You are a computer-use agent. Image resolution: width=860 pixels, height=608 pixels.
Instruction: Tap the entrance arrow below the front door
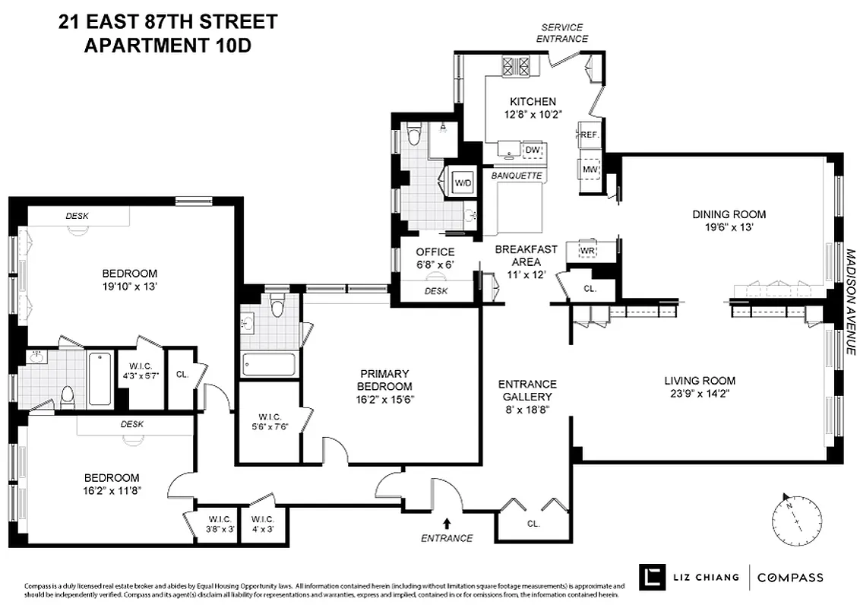pyautogui.click(x=446, y=523)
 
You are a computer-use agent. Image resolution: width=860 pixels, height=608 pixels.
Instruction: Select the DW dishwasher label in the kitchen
pyautogui.click(x=533, y=150)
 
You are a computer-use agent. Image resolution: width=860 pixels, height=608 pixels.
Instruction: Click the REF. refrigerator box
pyautogui.click(x=590, y=135)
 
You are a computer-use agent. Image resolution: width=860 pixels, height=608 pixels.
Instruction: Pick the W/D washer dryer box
pyautogui.click(x=463, y=183)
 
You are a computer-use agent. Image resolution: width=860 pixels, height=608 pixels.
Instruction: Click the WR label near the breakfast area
pyautogui.click(x=587, y=250)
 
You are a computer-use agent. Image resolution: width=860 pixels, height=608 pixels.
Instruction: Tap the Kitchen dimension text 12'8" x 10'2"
pyautogui.click(x=533, y=116)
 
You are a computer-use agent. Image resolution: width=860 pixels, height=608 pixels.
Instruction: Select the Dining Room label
pyautogui.click(x=729, y=214)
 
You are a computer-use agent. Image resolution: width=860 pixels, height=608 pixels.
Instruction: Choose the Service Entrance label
pyautogui.click(x=562, y=33)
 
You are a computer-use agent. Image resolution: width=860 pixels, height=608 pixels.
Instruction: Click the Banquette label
pyautogui.click(x=517, y=176)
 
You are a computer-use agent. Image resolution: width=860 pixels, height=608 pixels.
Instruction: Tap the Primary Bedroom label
pyautogui.click(x=384, y=379)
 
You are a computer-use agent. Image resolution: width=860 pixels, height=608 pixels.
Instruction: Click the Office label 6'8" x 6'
pyautogui.click(x=435, y=258)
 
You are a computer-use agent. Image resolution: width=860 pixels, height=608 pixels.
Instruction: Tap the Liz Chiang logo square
pyautogui.click(x=650, y=577)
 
